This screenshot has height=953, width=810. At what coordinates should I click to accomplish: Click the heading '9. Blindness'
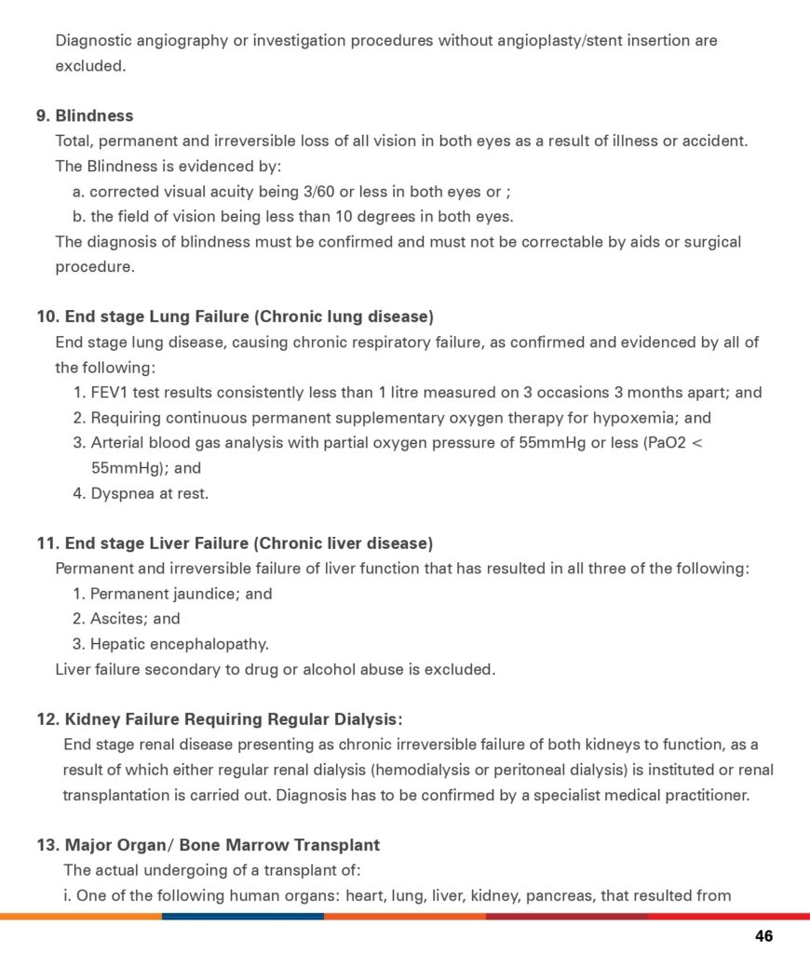[85, 116]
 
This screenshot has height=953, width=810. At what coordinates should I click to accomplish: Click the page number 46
[763, 936]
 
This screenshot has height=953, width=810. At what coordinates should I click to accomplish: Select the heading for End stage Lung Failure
[235, 316]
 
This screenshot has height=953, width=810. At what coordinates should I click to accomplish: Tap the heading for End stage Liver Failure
[235, 544]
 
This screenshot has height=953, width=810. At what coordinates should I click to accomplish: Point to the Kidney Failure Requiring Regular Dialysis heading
[220, 719]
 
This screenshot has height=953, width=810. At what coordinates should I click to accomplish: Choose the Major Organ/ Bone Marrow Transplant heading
[209, 845]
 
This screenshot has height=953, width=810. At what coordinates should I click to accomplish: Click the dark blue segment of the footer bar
[242, 916]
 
